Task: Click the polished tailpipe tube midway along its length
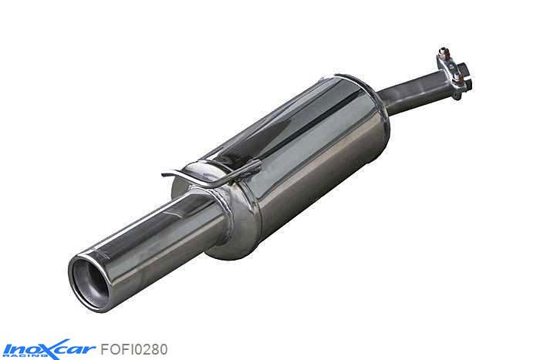(154, 224)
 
